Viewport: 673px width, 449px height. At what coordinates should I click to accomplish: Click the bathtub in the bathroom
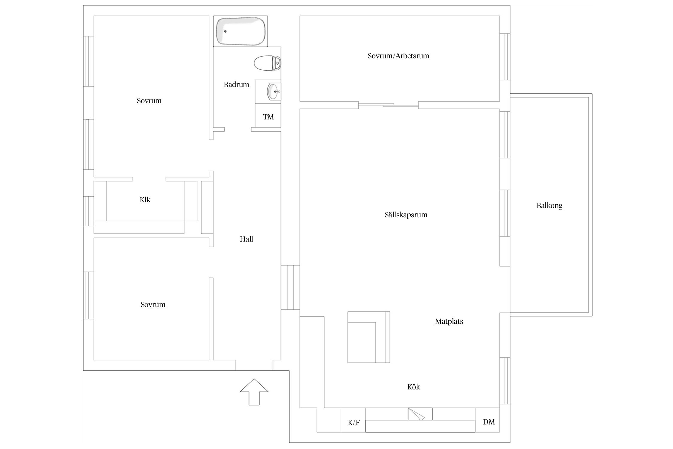pos(240,31)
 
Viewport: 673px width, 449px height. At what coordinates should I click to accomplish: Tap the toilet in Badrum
pos(268,63)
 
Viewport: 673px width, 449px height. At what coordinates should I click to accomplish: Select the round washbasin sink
pos(274,92)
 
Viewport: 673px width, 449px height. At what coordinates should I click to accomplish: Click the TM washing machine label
pos(268,117)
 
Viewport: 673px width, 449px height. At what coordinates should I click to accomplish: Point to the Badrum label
pos(236,85)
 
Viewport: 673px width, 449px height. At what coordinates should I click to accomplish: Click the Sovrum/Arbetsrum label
pos(398,56)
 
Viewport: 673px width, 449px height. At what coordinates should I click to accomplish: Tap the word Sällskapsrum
pos(406,215)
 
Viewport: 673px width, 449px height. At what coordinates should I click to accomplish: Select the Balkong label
pos(549,206)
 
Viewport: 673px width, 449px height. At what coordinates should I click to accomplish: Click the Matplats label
pos(449,321)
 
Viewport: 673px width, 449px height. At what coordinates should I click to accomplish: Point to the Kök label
pos(414,387)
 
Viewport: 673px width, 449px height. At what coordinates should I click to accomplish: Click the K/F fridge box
pos(353,420)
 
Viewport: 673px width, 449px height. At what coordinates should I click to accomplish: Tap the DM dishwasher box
pos(487,420)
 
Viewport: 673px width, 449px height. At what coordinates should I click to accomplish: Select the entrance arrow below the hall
pos(254,392)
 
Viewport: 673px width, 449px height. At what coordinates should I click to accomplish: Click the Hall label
pos(246,239)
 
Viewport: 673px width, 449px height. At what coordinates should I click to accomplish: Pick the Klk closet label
pos(145,200)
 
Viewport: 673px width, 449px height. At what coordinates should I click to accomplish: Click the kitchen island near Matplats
pos(369,337)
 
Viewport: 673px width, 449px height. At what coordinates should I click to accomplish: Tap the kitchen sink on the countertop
pos(420,414)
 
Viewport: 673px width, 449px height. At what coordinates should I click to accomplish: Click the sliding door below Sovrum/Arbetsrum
pos(388,105)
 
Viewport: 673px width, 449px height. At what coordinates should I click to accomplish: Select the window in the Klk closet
pos(89,211)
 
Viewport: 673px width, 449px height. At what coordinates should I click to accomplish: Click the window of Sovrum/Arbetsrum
pos(505,57)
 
